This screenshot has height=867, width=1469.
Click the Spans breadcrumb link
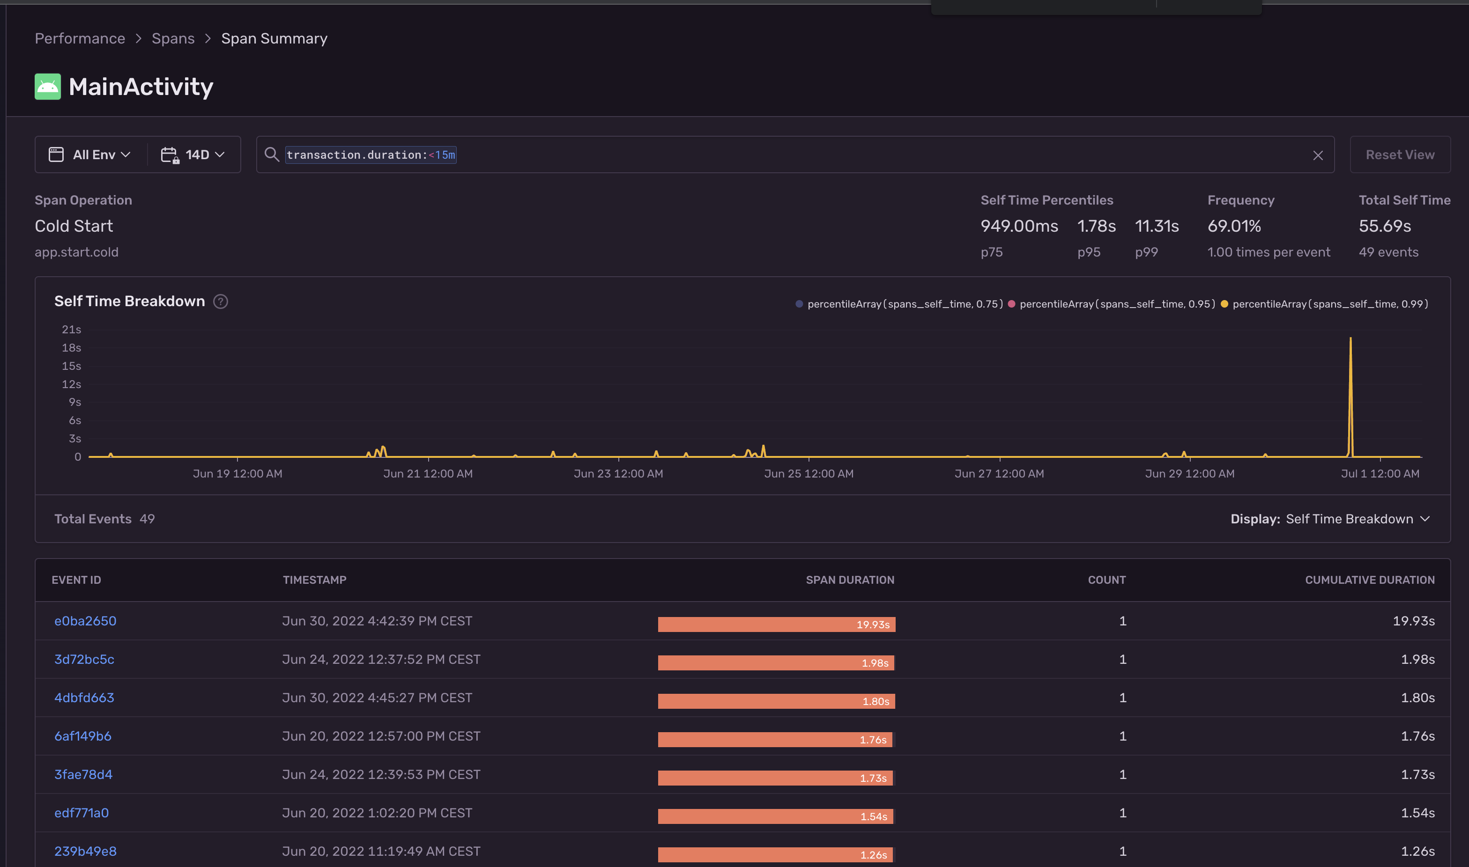(173, 38)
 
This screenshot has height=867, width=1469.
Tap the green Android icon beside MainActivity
(47, 87)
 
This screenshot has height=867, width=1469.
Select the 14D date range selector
(193, 155)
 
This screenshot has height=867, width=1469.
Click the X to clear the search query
(1318, 155)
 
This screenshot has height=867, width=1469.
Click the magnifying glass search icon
(271, 154)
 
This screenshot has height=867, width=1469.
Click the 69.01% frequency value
(1234, 226)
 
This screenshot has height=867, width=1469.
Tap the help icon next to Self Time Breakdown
(220, 301)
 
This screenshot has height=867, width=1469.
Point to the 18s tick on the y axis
(71, 348)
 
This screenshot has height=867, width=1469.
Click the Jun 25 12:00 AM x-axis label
(809, 474)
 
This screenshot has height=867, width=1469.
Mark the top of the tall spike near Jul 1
(1350, 338)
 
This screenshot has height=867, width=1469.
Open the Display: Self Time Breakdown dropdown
(1330, 519)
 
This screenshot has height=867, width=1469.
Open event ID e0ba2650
(85, 621)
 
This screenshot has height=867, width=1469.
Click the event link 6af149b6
(82, 736)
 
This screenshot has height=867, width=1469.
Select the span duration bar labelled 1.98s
(776, 662)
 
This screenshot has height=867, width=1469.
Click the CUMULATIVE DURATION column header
(1370, 580)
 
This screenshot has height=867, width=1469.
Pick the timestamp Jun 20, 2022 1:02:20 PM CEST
(377, 813)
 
